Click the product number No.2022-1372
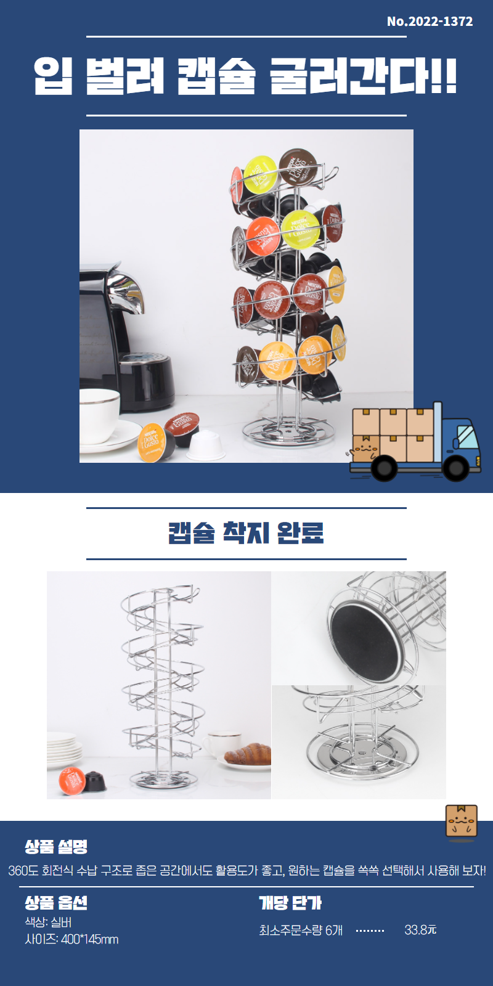point(430,21)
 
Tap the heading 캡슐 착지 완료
point(246,533)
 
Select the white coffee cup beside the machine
point(99,415)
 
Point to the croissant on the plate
point(247,754)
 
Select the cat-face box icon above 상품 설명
point(462,820)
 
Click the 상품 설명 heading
point(56,846)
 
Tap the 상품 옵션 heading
point(56,902)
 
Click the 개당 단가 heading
point(290,902)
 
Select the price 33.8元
point(420,930)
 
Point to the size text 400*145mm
point(90,939)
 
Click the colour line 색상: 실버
point(48,922)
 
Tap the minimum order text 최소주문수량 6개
point(301,930)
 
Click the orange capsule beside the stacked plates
point(72,780)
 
